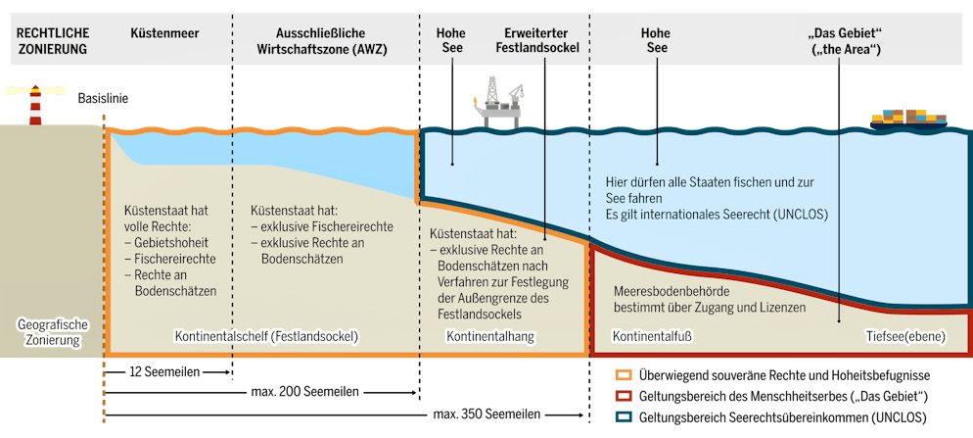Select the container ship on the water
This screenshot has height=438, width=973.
[911, 119]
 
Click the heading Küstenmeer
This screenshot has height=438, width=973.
[164, 32]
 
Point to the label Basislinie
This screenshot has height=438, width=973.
[103, 98]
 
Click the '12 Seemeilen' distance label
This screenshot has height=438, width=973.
[165, 371]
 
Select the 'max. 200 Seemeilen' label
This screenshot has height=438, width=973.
[306, 392]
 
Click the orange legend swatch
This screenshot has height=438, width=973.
[623, 375]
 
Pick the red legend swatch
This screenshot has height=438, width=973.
[623, 397]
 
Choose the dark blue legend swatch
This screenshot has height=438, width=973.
[623, 418]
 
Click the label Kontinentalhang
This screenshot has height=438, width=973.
[488, 337]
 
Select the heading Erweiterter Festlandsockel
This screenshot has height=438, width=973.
[541, 39]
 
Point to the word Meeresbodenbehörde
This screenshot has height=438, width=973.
[672, 292]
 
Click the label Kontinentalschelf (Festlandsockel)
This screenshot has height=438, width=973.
[267, 337]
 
